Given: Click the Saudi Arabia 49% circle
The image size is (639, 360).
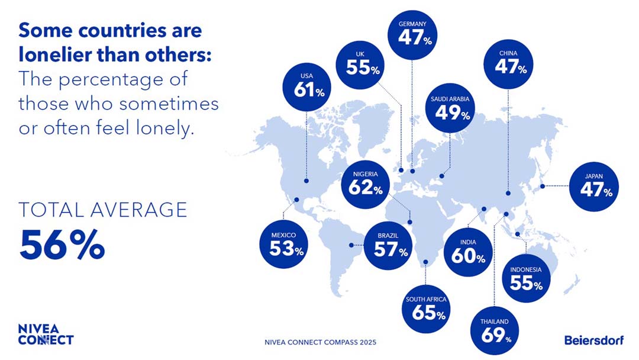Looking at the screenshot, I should point(450,109).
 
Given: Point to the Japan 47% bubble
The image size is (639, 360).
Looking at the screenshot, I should point(595,188).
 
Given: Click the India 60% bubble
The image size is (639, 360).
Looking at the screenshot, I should point(467,253).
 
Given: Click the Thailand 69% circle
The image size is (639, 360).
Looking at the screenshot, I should point(495,332).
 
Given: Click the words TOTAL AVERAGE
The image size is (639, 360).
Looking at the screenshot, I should point(103,210).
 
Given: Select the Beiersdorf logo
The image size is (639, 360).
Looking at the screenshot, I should point(593,340).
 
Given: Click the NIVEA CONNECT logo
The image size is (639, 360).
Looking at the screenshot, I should point(46,335).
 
